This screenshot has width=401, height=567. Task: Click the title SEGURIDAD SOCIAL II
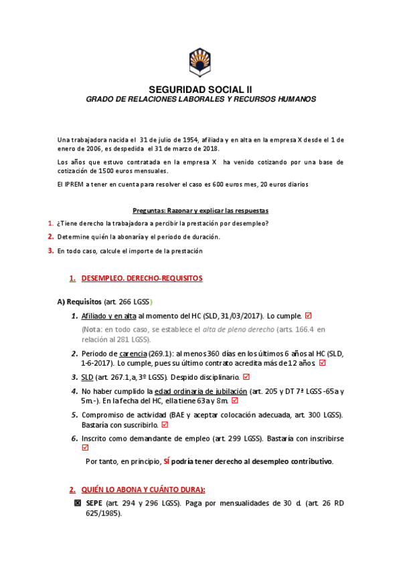pyautogui.click(x=200, y=89)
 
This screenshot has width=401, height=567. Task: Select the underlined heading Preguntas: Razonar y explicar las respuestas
pyautogui.click(x=200, y=210)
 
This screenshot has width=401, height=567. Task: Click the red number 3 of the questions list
pyautogui.click(x=50, y=251)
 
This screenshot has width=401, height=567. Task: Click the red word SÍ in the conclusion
pyautogui.click(x=167, y=461)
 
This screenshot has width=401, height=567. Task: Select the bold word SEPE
pyautogui.click(x=94, y=502)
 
